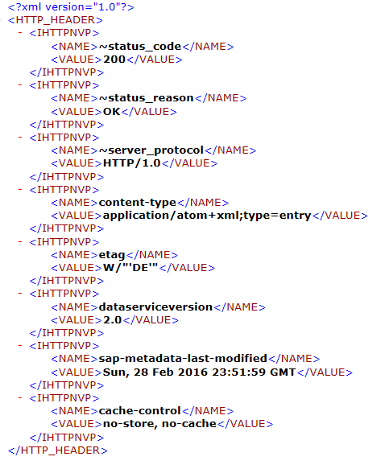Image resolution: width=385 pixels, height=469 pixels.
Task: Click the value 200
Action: coord(114,60)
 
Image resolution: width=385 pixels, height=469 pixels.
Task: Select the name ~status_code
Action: coord(140,47)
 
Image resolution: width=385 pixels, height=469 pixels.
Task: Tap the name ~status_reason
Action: coord(147,98)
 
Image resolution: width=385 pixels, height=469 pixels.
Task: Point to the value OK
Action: coord(111,112)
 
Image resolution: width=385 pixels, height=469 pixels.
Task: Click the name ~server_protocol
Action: coord(151,150)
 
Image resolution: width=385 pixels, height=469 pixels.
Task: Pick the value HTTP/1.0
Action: coord(132,163)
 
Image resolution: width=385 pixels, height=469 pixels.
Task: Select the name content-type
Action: coord(138,203)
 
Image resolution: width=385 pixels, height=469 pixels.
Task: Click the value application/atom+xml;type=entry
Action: coord(207,216)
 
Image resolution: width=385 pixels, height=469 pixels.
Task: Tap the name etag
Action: coord(112,255)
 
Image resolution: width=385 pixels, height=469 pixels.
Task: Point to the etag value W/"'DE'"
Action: coord(130,267)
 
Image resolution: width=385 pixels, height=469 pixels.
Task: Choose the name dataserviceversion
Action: coord(155,307)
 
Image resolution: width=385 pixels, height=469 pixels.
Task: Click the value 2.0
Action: coord(112,320)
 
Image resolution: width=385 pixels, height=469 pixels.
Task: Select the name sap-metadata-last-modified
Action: coord(183,358)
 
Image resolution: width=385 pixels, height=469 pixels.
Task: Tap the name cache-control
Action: coord(140,410)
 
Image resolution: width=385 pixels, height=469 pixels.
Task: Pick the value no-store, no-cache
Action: coord(159,424)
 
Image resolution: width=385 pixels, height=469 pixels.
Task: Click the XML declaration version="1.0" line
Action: coord(71,7)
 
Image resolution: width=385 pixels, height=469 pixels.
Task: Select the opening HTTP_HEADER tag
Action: coord(56,20)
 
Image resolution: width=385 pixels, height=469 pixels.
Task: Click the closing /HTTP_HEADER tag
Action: coord(58,450)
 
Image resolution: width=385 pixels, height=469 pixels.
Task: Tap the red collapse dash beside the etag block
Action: coord(20,241)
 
